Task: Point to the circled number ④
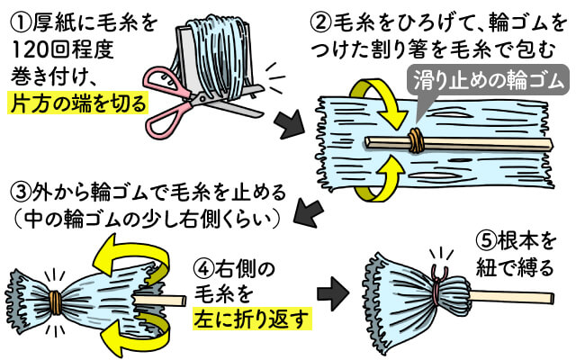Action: point(203,267)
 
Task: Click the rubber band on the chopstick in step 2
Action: point(415,140)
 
